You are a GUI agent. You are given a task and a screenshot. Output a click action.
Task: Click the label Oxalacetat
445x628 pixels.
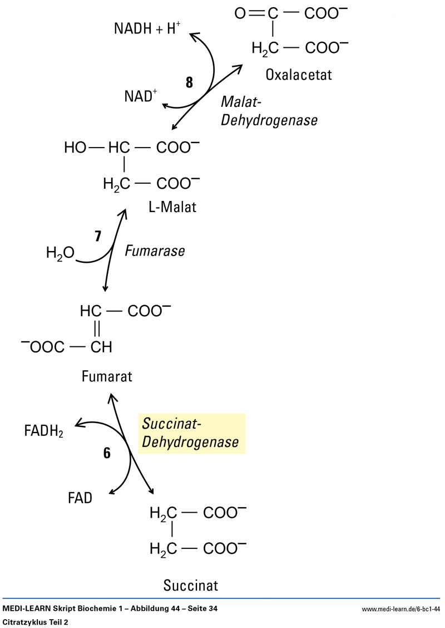coord(299,74)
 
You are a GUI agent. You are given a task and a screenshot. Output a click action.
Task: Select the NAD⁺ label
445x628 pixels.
coord(140,96)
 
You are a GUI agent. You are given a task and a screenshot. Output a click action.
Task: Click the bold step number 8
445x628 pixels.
coord(190,82)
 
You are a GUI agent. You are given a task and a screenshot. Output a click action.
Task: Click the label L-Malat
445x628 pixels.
coord(172,208)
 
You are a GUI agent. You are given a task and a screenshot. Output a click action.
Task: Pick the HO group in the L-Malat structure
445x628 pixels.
coord(76,148)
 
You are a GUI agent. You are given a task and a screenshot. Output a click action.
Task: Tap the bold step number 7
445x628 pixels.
coord(98,236)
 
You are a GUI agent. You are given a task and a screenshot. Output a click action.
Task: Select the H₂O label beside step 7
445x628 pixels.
coord(60,254)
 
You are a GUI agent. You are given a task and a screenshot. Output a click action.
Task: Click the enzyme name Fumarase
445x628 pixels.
coord(154,251)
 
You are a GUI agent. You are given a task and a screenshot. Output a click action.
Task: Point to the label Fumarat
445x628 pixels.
coord(107,376)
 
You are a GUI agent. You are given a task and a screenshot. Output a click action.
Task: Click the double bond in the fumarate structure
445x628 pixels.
coord(96,329)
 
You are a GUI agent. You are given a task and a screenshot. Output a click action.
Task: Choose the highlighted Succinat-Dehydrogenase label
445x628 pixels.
coord(191,433)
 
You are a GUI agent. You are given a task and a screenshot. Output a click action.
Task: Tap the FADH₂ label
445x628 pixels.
coord(44,430)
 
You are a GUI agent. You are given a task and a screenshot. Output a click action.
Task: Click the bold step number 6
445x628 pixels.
coord(107,453)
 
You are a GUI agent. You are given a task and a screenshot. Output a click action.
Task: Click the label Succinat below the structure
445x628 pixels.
coord(191,586)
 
